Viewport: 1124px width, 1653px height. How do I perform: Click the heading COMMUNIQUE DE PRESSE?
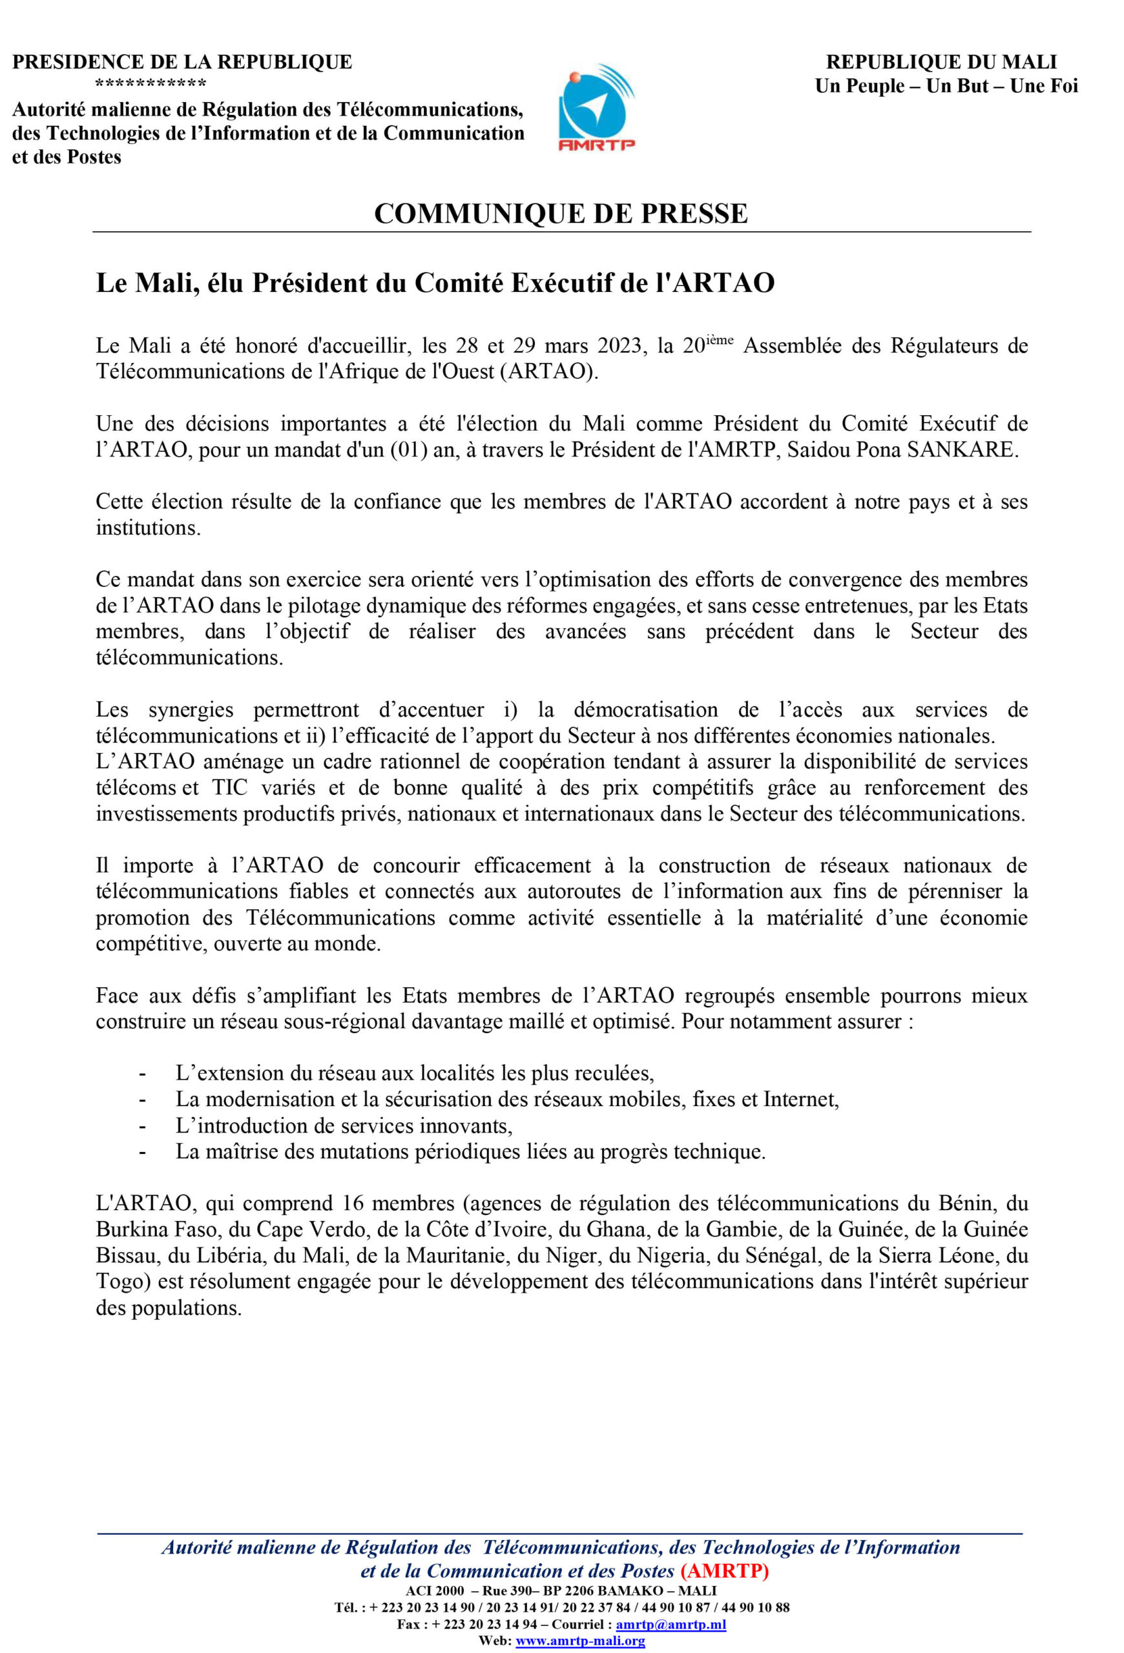[561, 213]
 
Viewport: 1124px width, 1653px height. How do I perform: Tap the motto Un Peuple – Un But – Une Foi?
[946, 86]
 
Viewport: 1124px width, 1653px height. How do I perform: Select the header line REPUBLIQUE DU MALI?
[941, 62]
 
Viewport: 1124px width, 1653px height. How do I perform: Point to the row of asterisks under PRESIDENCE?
[151, 85]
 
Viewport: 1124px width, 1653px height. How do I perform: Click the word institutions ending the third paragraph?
[148, 528]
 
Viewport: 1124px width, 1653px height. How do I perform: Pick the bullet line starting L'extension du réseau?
[415, 1073]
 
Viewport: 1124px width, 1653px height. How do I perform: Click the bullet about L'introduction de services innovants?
[344, 1125]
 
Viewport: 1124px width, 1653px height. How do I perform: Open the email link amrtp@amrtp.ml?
[670, 1625]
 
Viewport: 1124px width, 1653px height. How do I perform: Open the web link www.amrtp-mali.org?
[580, 1641]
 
